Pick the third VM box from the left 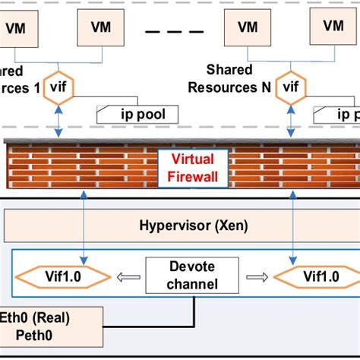(248, 29)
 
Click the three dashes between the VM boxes (174, 33)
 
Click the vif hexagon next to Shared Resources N (291, 87)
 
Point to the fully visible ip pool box (137, 115)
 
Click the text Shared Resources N (229, 79)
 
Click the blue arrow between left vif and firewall (58, 122)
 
